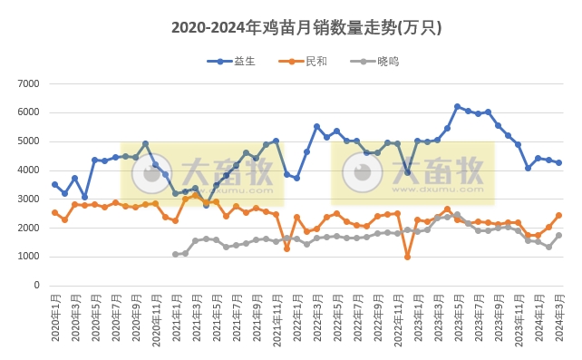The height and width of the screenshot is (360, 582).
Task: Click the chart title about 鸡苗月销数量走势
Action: coord(306,28)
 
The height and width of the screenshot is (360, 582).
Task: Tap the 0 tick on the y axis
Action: coord(36,286)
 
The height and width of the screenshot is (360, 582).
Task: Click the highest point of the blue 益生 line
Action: coord(458,107)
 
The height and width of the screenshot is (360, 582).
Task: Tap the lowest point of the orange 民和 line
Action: coord(407,257)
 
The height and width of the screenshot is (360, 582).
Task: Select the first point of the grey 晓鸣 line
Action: coord(176,255)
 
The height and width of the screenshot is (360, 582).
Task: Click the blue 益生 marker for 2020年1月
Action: coord(54,184)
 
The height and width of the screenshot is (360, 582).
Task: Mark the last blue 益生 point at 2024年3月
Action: coord(558,163)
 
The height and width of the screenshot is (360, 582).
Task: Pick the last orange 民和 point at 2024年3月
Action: coord(558,216)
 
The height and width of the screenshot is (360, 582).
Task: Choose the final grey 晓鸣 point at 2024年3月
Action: coord(558,236)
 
